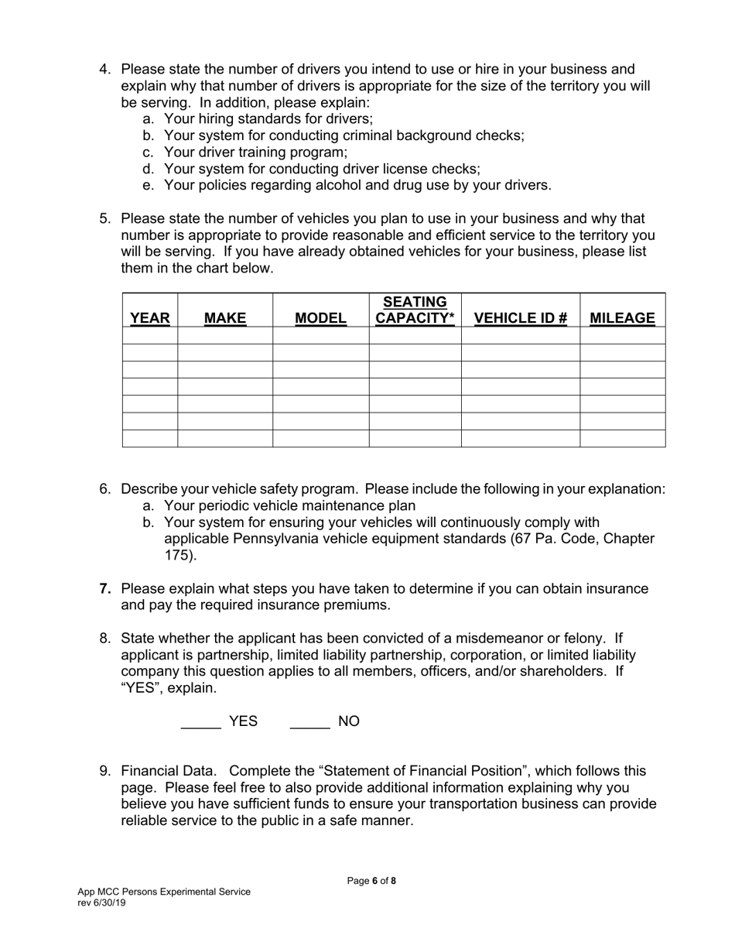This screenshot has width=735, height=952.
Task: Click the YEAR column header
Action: pyautogui.click(x=150, y=318)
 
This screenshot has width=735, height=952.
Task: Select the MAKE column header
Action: pyautogui.click(x=225, y=318)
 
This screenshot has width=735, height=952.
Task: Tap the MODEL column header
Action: pyautogui.click(x=320, y=318)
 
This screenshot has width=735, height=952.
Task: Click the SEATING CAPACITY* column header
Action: pyautogui.click(x=415, y=310)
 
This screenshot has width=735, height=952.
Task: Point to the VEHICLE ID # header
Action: pyautogui.click(x=521, y=318)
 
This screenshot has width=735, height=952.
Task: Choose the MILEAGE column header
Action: pyautogui.click(x=622, y=318)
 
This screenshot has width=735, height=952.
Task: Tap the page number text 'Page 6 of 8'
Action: pyautogui.click(x=371, y=881)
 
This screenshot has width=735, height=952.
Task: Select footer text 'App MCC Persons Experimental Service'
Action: pyautogui.click(x=163, y=892)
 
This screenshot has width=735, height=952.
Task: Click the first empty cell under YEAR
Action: pyautogui.click(x=150, y=335)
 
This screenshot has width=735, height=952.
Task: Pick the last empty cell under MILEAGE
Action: pyautogui.click(x=622, y=439)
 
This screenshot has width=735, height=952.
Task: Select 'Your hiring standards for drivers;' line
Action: pyautogui.click(x=268, y=119)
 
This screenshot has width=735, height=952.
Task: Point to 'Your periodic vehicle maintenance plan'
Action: pyautogui.click(x=289, y=505)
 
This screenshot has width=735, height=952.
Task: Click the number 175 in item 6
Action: pyautogui.click(x=176, y=555)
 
